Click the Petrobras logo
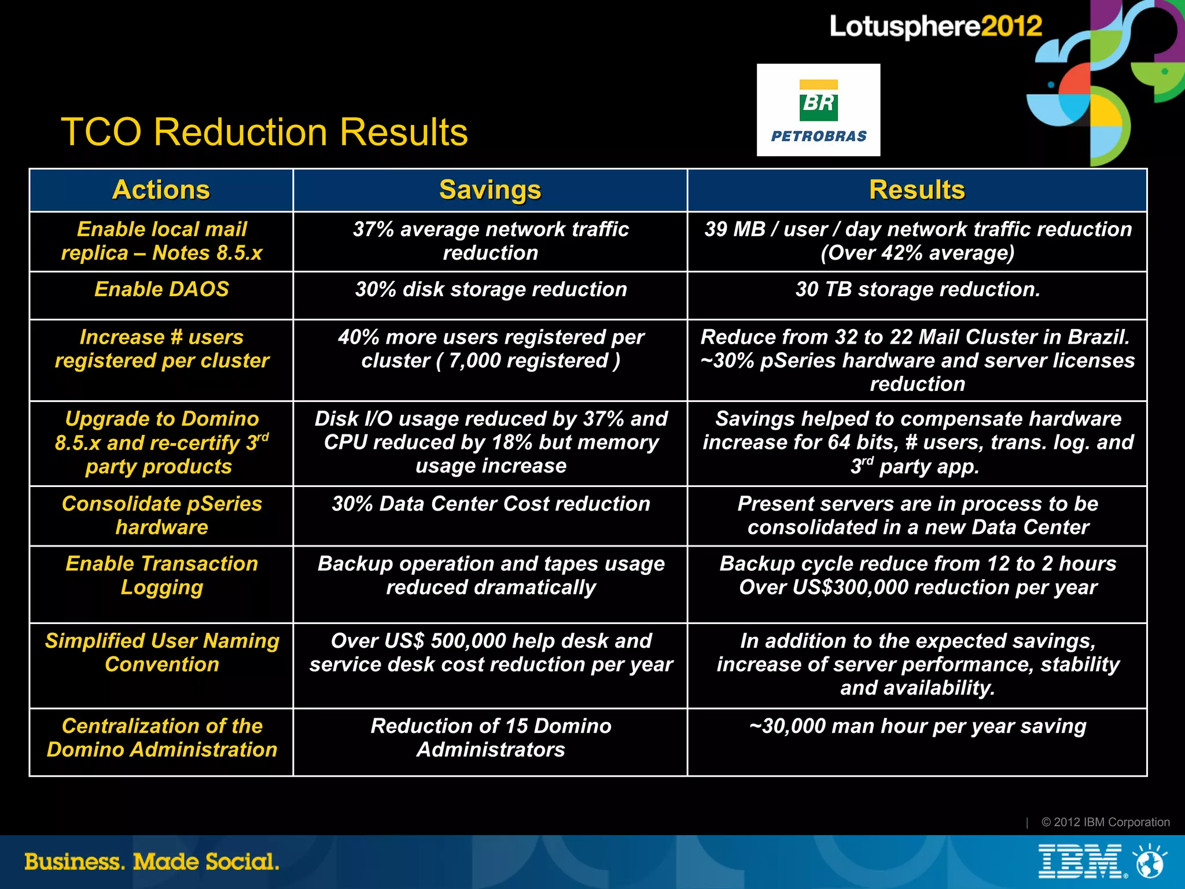point(818,110)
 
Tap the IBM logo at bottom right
point(1080,861)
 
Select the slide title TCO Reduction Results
point(264,132)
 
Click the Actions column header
point(161,190)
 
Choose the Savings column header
point(490,190)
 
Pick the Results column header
point(917,190)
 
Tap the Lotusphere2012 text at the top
point(936,27)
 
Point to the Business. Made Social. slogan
point(152,862)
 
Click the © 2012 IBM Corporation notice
point(1105,822)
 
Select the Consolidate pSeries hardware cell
point(161,515)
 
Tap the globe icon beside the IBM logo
point(1150,862)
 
